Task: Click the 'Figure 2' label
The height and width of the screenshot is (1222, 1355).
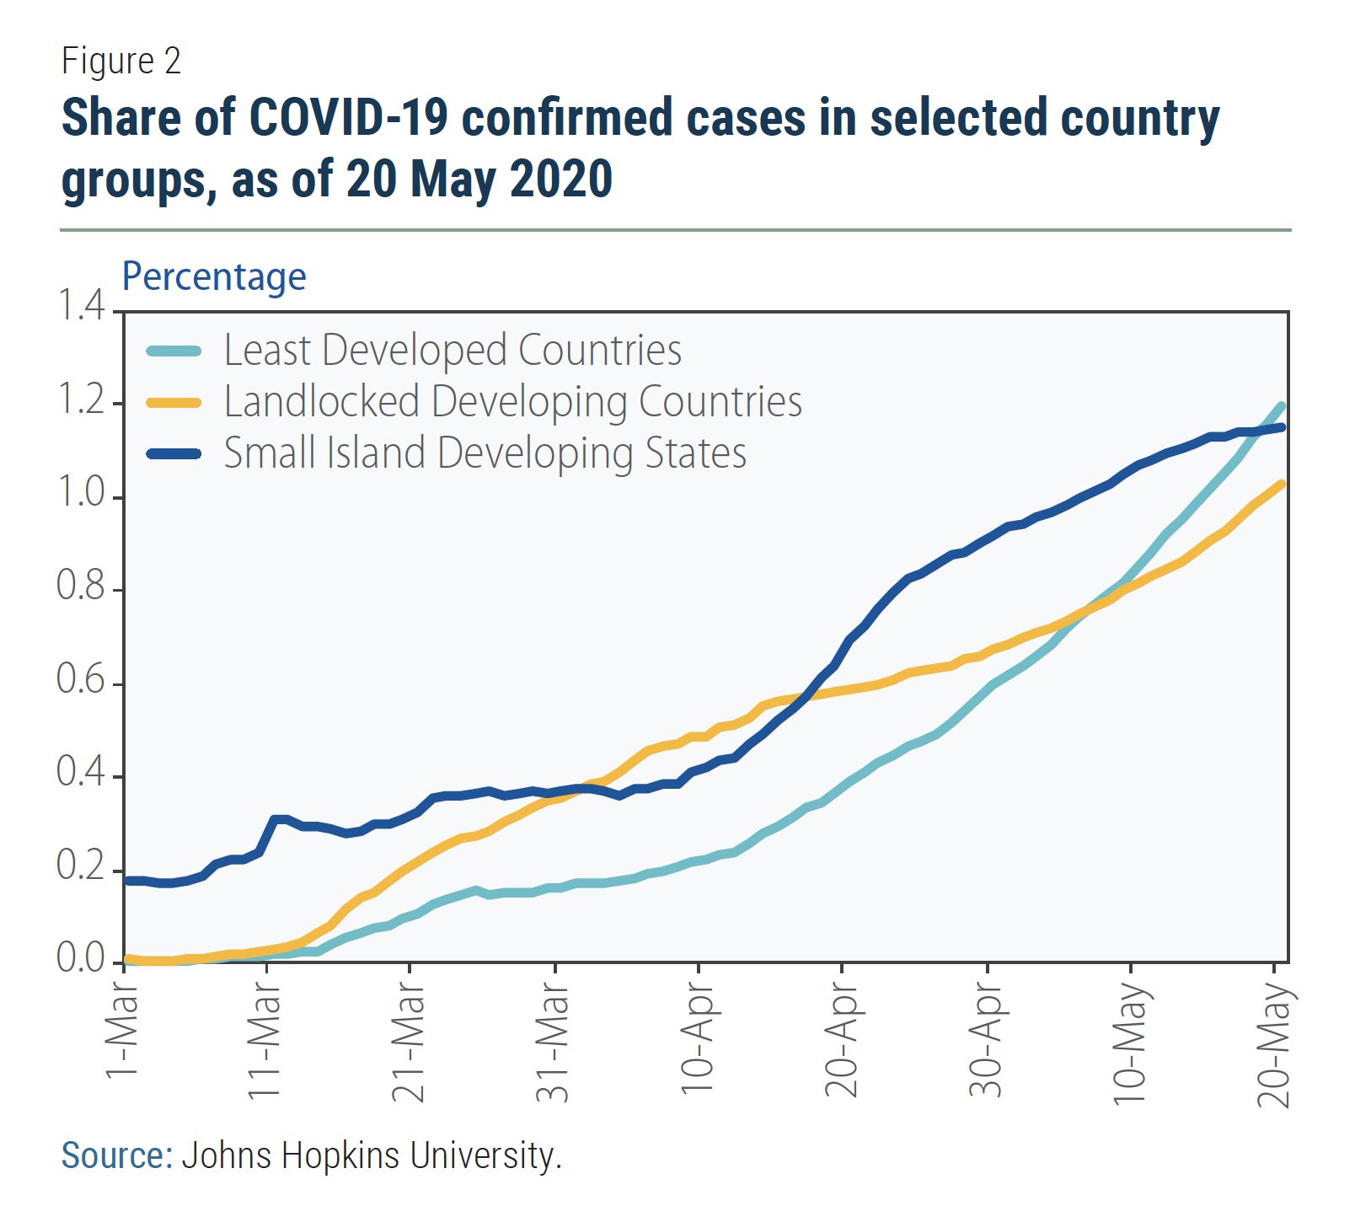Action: point(121,61)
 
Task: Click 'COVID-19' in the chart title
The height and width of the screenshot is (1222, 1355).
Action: point(348,117)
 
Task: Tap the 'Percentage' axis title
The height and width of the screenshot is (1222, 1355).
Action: point(214,276)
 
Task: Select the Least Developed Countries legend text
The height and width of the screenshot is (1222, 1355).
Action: point(453,350)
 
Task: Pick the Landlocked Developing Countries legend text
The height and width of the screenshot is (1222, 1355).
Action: point(512,401)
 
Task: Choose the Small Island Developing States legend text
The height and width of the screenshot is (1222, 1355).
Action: point(485,453)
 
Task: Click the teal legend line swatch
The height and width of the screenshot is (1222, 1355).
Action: point(174,351)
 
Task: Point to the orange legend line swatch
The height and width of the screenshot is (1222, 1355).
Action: point(174,402)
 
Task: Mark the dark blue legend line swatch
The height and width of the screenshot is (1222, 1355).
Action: point(174,453)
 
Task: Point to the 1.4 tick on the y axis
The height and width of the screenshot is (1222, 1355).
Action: point(81,305)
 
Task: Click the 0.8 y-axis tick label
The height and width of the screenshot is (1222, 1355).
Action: point(81,586)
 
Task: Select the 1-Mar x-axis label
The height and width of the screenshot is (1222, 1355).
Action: point(122,1035)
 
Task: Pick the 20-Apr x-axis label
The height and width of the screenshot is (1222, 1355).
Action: point(842,1045)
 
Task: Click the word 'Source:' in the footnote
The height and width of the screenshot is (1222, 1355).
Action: point(117,1155)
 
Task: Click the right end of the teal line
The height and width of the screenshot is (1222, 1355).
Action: point(1282,406)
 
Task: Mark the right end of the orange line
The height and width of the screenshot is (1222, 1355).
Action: point(1282,484)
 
